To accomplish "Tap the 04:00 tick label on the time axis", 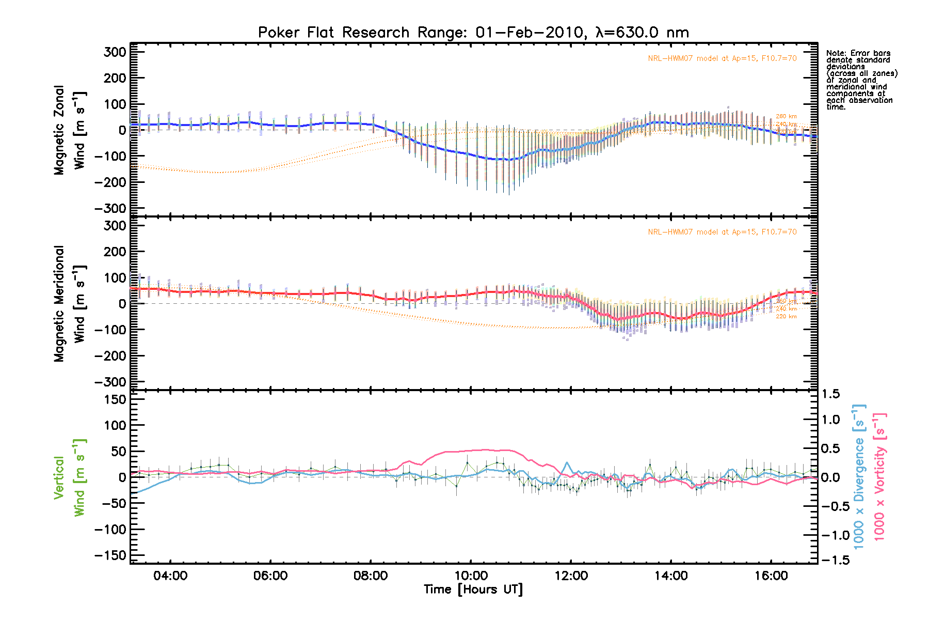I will (x=170, y=576).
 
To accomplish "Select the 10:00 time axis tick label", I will (x=471, y=576).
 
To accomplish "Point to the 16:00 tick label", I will (x=771, y=576).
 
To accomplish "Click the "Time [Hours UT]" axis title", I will (x=473, y=590).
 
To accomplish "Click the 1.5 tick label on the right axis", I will (x=831, y=394).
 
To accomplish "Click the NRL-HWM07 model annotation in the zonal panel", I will (x=722, y=58).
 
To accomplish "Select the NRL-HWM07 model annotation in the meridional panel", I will (x=722, y=232).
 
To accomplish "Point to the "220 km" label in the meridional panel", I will (x=786, y=316).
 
